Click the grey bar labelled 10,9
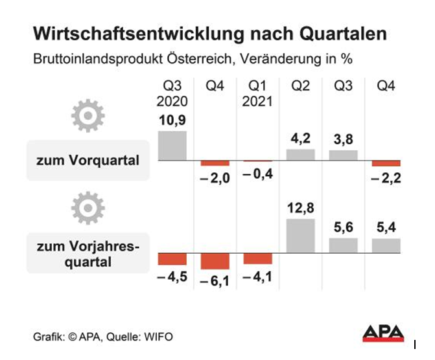click(x=172, y=146)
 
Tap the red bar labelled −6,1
click(x=215, y=261)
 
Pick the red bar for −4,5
click(x=172, y=259)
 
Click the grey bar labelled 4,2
click(x=300, y=155)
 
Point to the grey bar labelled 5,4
click(x=386, y=245)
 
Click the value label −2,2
click(x=387, y=178)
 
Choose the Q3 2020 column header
click(x=172, y=94)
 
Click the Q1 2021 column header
click(x=257, y=94)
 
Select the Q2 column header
click(x=300, y=87)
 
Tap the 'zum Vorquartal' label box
click(x=88, y=159)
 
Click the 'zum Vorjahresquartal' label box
click(x=88, y=253)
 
